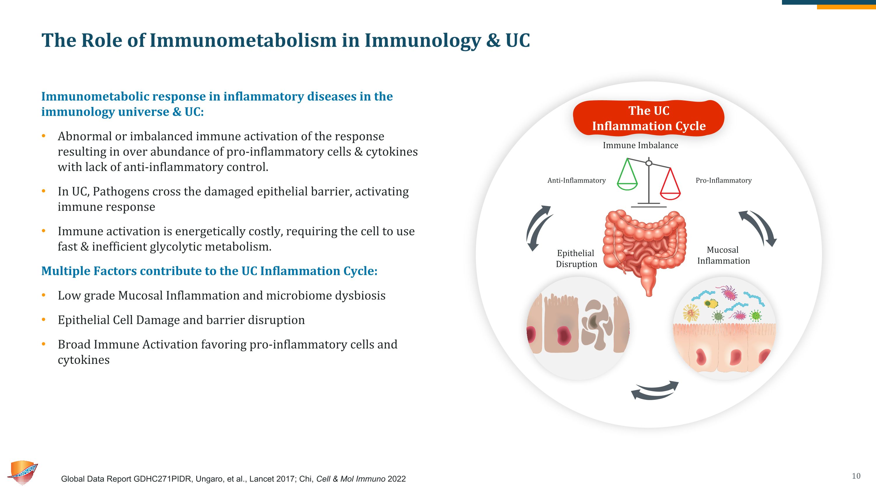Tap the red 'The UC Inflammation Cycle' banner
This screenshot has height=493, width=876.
[649, 118]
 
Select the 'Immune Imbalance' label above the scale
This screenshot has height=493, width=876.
[640, 145]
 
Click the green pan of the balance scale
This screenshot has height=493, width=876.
[627, 186]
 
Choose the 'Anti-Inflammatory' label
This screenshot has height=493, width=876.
[576, 180]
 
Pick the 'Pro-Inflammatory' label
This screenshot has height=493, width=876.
[723, 180]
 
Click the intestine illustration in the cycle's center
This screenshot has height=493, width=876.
[645, 248]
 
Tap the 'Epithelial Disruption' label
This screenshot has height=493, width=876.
[576, 259]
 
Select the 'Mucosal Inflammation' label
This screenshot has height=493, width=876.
[723, 255]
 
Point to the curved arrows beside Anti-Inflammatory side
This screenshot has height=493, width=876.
[539, 228]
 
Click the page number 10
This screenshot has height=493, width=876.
[856, 476]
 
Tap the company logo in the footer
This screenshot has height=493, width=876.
[23, 473]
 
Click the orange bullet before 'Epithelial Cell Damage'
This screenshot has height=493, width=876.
[44, 320]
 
